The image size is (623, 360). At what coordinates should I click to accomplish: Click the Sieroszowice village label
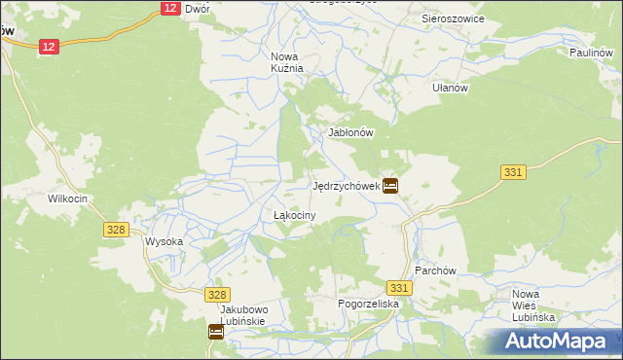454,18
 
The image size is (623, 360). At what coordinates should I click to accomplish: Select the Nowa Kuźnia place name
287,62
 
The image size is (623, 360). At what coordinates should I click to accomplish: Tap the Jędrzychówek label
344,186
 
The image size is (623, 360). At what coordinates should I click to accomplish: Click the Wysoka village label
164,241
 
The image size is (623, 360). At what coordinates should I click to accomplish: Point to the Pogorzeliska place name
369,305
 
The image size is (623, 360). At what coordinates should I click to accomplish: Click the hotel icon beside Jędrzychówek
390,185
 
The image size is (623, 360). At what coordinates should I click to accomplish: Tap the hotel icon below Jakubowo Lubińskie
216,332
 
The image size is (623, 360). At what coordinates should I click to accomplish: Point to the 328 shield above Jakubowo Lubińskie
217,294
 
